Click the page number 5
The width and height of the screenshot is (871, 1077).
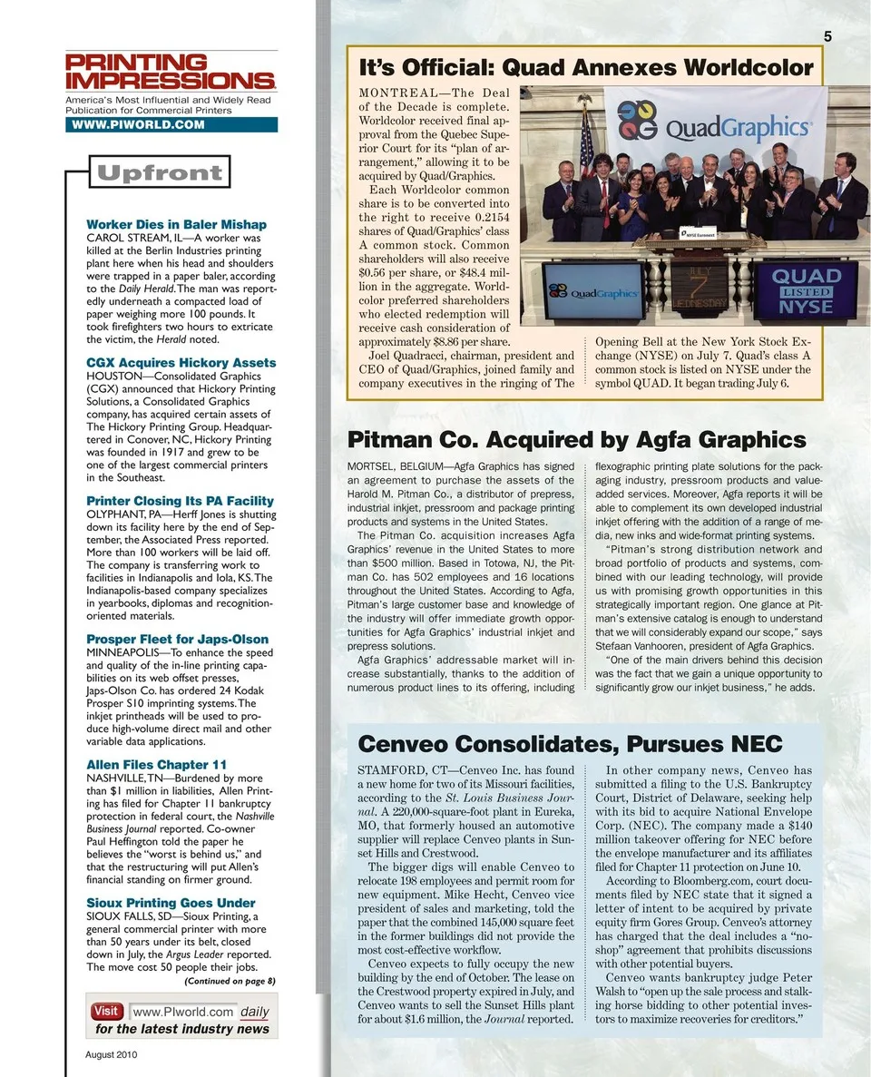[828, 36]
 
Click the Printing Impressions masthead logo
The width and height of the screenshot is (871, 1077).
[171, 73]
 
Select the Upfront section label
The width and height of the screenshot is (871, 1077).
[160, 172]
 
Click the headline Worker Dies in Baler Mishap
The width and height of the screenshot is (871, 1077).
[176, 224]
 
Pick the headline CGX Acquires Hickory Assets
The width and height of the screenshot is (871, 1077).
[181, 363]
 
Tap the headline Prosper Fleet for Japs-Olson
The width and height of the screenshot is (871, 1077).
[177, 639]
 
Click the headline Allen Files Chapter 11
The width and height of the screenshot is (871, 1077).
[156, 765]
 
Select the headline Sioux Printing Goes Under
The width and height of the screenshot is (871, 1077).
[171, 903]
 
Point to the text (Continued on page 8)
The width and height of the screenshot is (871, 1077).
[230, 981]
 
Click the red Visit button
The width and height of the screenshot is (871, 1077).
[106, 1011]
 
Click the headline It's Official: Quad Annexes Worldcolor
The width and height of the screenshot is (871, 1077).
[586, 68]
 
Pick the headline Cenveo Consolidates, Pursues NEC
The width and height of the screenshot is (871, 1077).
[570, 744]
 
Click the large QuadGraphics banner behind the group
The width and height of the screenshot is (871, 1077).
[716, 122]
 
